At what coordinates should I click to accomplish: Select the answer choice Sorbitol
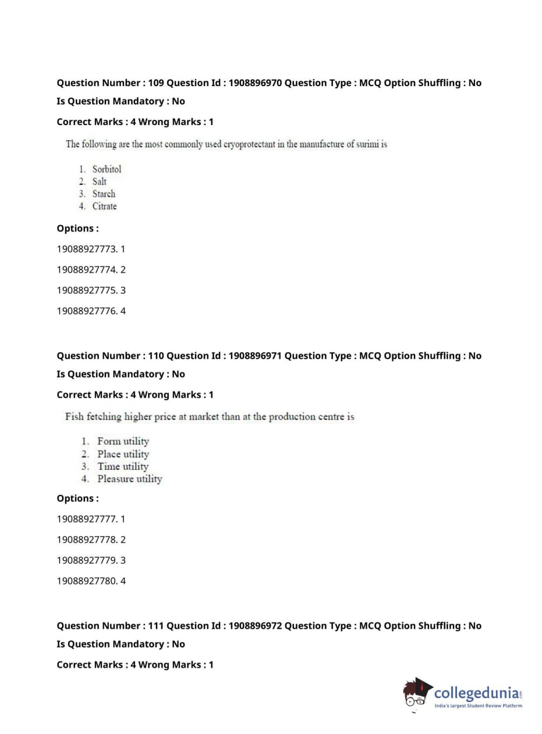pyautogui.click(x=107, y=169)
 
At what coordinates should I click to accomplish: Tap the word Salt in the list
pyautogui.click(x=99, y=181)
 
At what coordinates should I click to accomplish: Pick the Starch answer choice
pyautogui.click(x=103, y=194)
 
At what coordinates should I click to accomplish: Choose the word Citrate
pyautogui.click(x=105, y=206)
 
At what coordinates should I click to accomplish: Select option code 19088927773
pyautogui.click(x=87, y=249)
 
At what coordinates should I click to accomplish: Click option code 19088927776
pyautogui.click(x=87, y=311)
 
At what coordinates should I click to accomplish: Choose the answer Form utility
pyautogui.click(x=123, y=441)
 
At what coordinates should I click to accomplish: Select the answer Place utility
pyautogui.click(x=123, y=454)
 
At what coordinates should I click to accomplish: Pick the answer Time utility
pyautogui.click(x=123, y=467)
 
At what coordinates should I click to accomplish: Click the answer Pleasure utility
pyautogui.click(x=129, y=479)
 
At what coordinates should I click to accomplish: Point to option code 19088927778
pyautogui.click(x=87, y=540)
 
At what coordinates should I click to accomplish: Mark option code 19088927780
pyautogui.click(x=87, y=581)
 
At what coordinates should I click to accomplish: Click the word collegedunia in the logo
pyautogui.click(x=476, y=693)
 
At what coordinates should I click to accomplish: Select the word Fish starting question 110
pyautogui.click(x=74, y=417)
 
